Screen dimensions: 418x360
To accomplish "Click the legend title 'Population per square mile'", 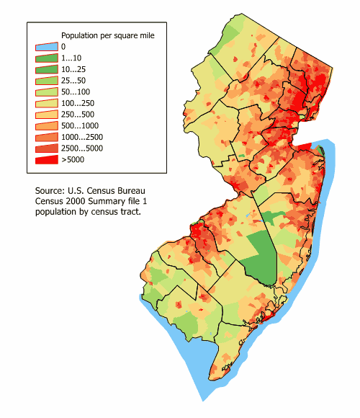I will point(107,35).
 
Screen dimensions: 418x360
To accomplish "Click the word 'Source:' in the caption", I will point(53,191).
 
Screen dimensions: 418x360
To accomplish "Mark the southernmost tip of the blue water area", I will point(202,401).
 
